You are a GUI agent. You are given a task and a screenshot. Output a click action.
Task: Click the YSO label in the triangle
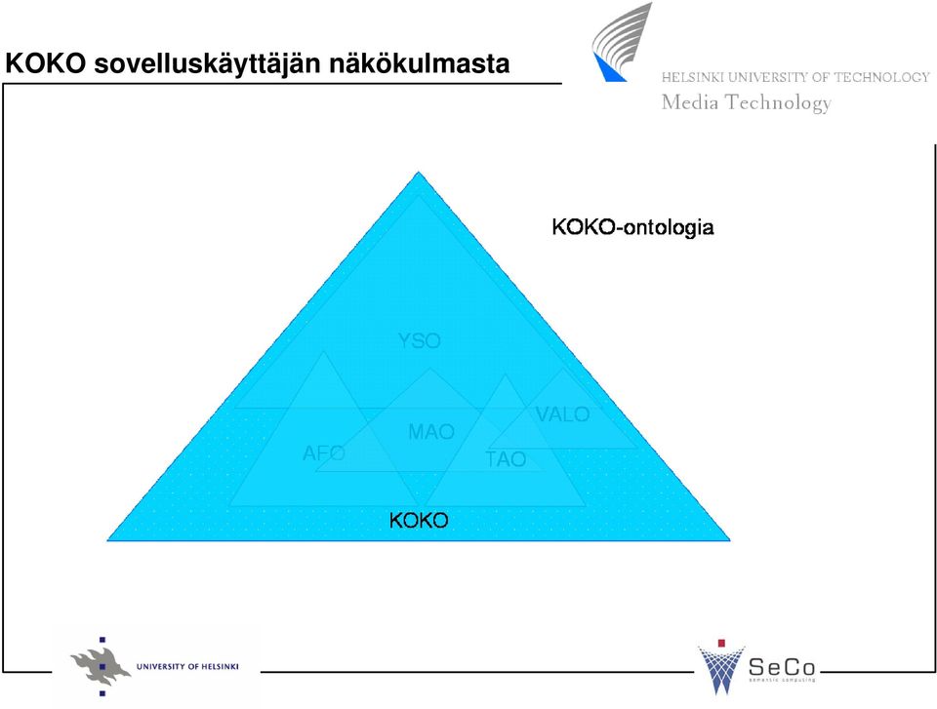[420, 340]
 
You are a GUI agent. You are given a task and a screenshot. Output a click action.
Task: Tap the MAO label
[431, 431]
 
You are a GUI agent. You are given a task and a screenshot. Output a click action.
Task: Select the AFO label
[324, 453]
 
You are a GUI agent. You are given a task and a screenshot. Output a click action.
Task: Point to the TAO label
[506, 459]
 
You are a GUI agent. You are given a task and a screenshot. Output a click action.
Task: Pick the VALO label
[563, 414]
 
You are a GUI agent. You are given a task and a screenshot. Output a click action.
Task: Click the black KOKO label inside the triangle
[419, 520]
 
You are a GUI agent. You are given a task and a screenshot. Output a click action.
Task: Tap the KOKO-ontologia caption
[632, 227]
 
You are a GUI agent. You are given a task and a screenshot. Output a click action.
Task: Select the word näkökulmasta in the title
[420, 63]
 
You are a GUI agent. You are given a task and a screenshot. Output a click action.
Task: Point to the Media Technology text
[747, 102]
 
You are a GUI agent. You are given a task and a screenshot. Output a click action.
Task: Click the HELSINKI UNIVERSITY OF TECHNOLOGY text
[795, 77]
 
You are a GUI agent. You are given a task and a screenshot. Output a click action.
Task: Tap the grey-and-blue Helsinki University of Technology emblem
[622, 42]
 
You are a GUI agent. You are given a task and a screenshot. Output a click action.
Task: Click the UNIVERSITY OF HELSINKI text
[187, 667]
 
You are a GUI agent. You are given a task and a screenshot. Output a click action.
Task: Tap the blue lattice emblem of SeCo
[721, 669]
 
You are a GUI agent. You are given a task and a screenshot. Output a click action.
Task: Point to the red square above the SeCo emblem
[721, 643]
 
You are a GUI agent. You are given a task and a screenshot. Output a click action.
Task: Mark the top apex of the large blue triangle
[419, 172]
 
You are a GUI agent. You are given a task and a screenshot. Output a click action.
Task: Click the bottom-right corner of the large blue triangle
[730, 540]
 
